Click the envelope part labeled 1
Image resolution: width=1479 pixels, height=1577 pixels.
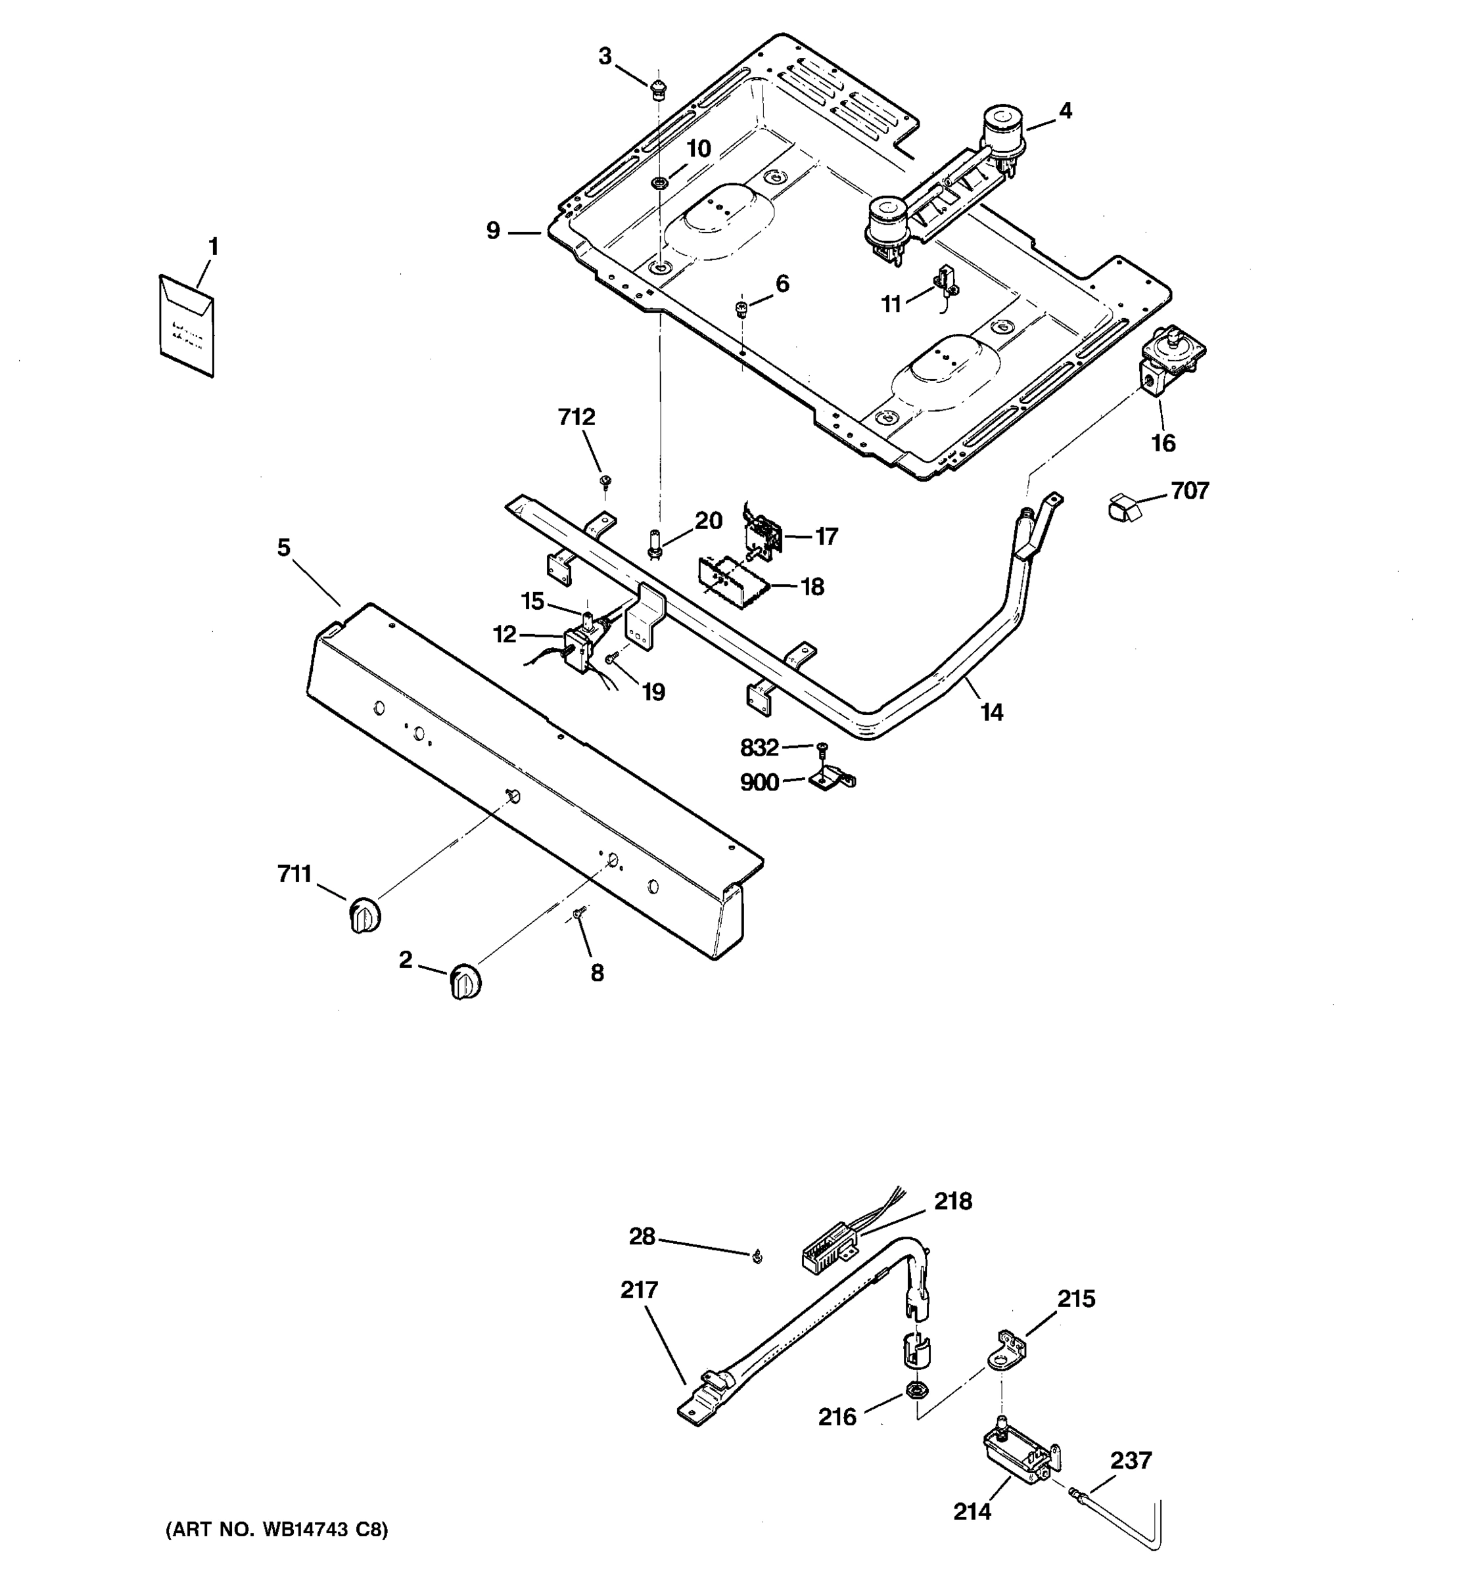tap(185, 325)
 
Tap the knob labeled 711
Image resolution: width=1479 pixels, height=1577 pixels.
tap(364, 916)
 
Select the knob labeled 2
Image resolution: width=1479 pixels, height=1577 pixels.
tap(465, 983)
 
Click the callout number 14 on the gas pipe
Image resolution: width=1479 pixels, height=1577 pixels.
tap(992, 712)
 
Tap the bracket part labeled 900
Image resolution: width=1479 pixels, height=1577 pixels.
tap(832, 781)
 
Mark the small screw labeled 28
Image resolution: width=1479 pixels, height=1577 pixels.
tap(757, 1256)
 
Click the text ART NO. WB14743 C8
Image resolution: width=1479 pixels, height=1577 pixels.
tap(276, 1530)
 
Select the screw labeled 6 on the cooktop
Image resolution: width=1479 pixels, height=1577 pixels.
tap(743, 306)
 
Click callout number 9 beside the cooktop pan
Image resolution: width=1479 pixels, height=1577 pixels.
tap(494, 231)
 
